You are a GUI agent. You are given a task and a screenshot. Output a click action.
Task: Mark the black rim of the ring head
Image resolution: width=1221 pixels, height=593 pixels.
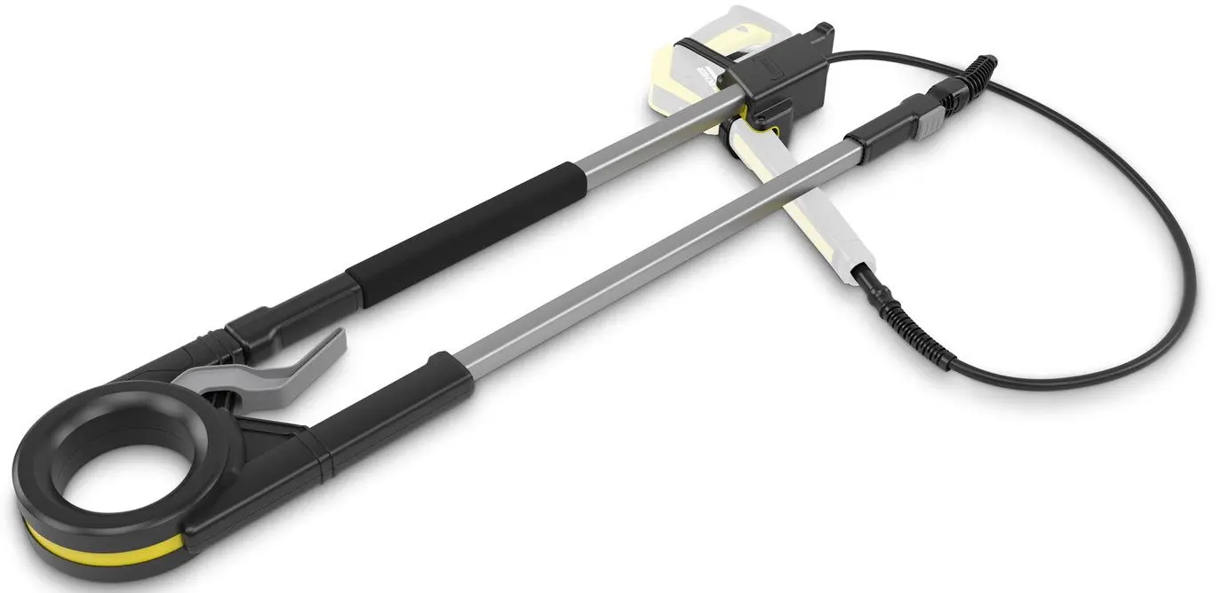53,444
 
